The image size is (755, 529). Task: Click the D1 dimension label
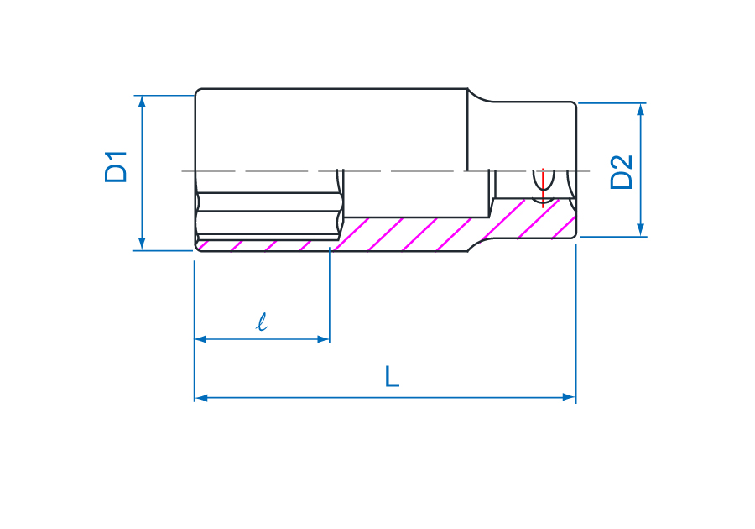tap(116, 167)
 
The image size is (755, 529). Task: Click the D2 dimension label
tap(621, 172)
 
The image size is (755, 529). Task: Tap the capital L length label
tap(392, 377)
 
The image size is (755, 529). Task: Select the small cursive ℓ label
tap(262, 322)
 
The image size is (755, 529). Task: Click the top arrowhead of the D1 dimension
tap(142, 102)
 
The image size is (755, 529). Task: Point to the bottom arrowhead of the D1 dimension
tap(142, 244)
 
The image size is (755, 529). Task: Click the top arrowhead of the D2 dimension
tap(640, 110)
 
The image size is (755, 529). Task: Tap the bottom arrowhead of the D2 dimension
tap(640, 230)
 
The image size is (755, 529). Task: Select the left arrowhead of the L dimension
tap(201, 398)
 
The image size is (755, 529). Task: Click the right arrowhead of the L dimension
tap(569, 398)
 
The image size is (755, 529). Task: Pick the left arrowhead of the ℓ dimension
tap(201, 339)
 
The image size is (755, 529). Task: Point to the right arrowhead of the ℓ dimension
tap(323, 339)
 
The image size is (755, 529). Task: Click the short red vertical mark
tap(543, 188)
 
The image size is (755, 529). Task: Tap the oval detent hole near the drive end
tap(544, 186)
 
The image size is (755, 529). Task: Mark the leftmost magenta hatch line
tap(203, 245)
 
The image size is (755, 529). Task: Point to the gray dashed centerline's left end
tap(182, 171)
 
